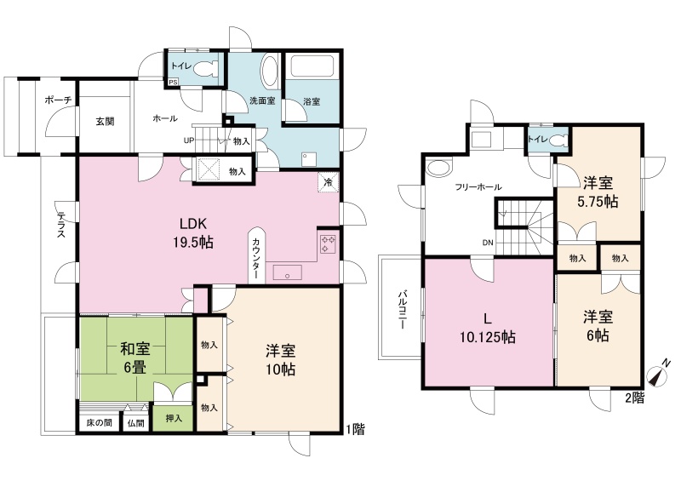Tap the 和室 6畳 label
(x=135, y=358)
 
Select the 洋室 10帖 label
(x=281, y=359)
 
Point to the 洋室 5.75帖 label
(x=598, y=192)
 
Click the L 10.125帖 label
(x=488, y=328)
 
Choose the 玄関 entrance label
(x=105, y=121)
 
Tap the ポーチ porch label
(x=58, y=100)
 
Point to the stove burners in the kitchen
(x=328, y=243)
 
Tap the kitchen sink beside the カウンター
(x=287, y=273)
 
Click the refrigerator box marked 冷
(x=329, y=182)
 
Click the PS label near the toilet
(x=173, y=81)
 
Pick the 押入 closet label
(x=174, y=419)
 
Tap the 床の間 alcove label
(x=100, y=423)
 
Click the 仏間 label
(x=136, y=423)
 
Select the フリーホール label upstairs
(x=478, y=187)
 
